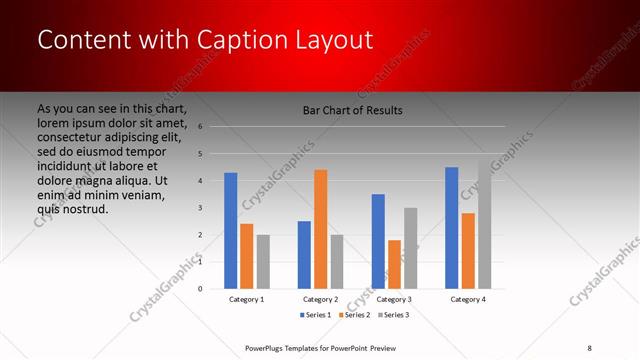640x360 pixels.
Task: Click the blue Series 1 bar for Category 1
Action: tap(231, 230)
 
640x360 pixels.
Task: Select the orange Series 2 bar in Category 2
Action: tap(320, 228)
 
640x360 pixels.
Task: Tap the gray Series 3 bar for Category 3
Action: tap(410, 248)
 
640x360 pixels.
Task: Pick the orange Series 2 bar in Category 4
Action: tap(468, 250)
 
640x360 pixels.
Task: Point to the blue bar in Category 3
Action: tap(378, 241)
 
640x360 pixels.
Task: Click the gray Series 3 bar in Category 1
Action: tap(263, 261)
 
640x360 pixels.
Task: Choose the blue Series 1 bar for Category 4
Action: tap(452, 227)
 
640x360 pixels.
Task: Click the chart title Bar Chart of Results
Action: tap(352, 110)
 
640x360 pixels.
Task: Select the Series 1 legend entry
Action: tap(319, 315)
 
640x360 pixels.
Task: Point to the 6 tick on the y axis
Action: tap(201, 127)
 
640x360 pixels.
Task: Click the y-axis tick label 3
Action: tap(201, 208)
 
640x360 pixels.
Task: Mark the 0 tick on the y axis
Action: tap(201, 289)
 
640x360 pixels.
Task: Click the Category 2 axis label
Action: tap(320, 299)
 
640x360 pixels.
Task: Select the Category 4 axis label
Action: tap(468, 299)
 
